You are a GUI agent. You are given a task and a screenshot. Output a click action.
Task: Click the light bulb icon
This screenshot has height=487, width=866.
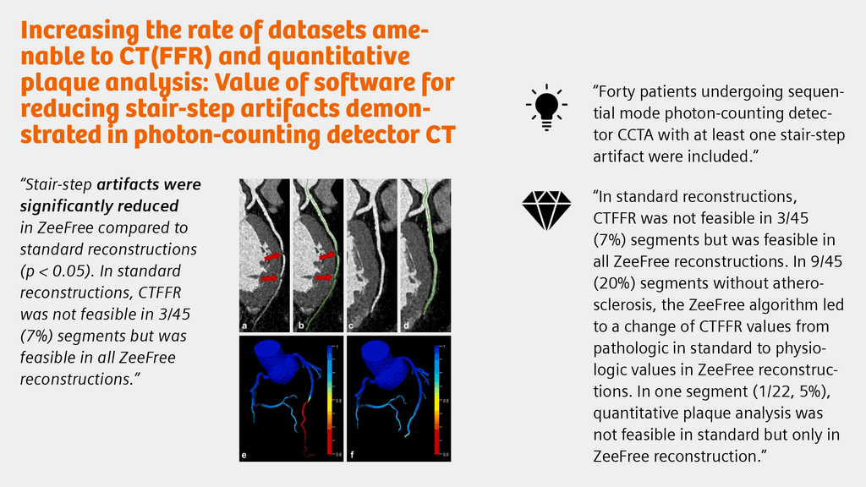point(545,107)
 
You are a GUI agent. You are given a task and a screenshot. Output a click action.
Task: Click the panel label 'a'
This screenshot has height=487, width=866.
point(244,324)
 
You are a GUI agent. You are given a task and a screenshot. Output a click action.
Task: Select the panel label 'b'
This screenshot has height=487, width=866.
point(299,324)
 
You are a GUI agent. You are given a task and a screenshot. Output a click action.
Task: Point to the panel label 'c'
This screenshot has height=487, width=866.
point(352,324)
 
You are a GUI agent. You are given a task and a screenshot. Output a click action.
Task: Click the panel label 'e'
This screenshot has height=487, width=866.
point(244,457)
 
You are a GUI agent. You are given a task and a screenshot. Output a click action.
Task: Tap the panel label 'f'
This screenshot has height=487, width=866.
point(352,457)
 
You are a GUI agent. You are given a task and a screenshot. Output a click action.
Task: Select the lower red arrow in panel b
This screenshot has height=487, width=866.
point(323,276)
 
